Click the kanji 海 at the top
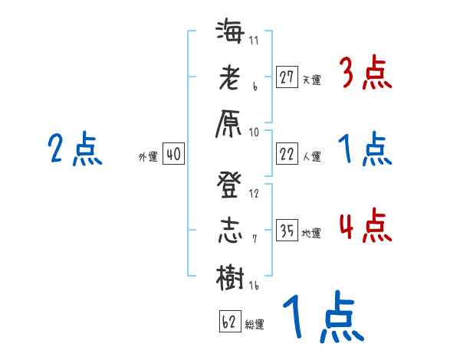click(x=230, y=34)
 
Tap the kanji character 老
click(x=230, y=79)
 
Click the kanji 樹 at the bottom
click(x=230, y=276)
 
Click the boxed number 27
click(x=287, y=77)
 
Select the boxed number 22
click(x=287, y=154)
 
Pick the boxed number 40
click(x=173, y=154)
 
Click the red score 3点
click(x=365, y=74)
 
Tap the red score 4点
click(x=365, y=227)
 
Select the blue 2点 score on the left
click(x=74, y=150)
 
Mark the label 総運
click(x=255, y=325)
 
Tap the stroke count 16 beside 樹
click(x=253, y=286)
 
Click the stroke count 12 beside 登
click(x=254, y=194)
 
